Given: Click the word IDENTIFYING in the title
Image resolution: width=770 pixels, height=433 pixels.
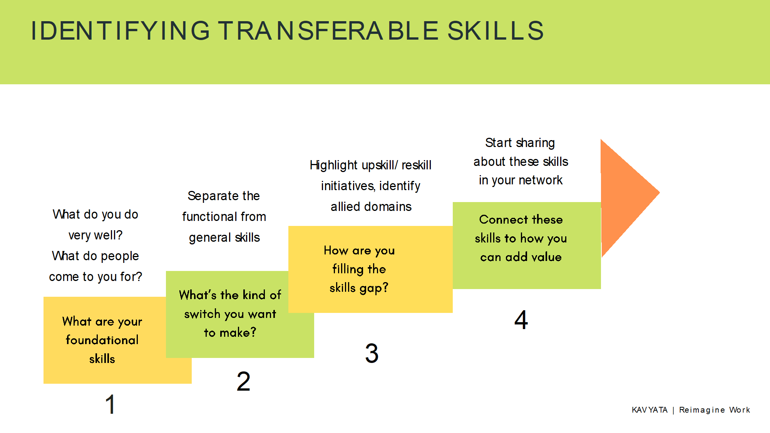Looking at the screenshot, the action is click(x=121, y=31).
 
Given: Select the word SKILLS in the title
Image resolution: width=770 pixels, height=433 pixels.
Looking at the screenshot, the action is click(x=495, y=31).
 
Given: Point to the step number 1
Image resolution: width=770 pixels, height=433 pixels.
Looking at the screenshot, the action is click(x=110, y=405).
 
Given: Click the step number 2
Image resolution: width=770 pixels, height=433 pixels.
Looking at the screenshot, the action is click(x=243, y=381).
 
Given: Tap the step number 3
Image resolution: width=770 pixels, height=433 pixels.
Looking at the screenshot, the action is click(x=372, y=353).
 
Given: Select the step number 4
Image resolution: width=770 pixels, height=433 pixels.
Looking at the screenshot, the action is click(x=521, y=320).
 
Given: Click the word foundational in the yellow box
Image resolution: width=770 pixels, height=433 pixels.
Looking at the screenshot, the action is click(x=102, y=340).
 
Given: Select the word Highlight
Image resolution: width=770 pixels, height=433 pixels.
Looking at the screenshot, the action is click(x=334, y=166).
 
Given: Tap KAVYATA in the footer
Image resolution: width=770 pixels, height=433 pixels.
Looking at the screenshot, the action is click(x=649, y=410).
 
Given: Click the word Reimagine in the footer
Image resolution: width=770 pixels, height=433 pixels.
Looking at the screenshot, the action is click(x=702, y=410).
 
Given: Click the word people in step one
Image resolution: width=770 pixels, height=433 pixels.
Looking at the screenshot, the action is click(x=119, y=256).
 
